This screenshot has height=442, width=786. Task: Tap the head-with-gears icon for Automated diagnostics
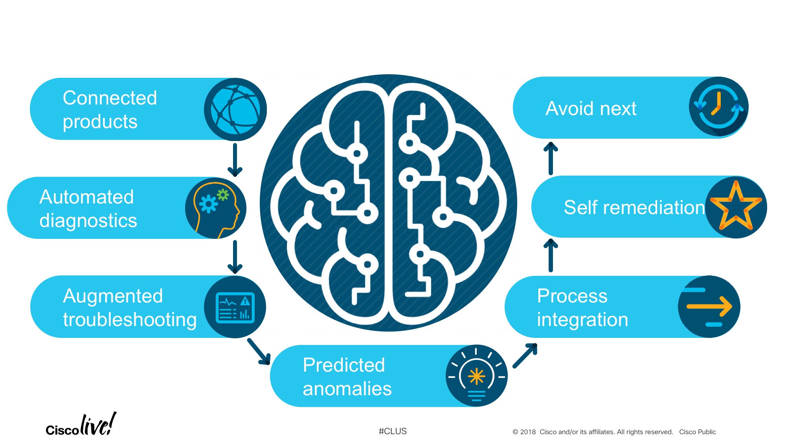pos(216,208)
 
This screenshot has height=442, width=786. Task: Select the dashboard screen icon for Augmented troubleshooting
pos(235,307)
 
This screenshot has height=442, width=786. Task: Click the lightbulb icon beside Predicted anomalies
pos(476,376)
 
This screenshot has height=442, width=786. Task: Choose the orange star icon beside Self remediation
pos(736,206)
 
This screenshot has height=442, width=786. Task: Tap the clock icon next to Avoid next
pos(718,107)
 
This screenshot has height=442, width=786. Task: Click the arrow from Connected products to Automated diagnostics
pos(235,159)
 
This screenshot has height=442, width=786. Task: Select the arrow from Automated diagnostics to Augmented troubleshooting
pos(235,257)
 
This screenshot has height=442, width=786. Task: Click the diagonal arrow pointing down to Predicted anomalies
pos(259,352)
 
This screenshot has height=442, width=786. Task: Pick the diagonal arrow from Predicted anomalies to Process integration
pos(525,355)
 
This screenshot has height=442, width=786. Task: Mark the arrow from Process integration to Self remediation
pos(551,255)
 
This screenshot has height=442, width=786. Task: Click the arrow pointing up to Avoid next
pos(551,158)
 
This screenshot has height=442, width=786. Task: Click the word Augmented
pos(113,296)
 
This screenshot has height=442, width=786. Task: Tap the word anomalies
pos(347,389)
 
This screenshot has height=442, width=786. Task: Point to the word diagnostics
pos(88,221)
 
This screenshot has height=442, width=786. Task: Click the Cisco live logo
pos(81,425)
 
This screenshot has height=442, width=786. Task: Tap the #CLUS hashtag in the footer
pos(393,431)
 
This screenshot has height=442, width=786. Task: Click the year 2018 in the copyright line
pos(528,432)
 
